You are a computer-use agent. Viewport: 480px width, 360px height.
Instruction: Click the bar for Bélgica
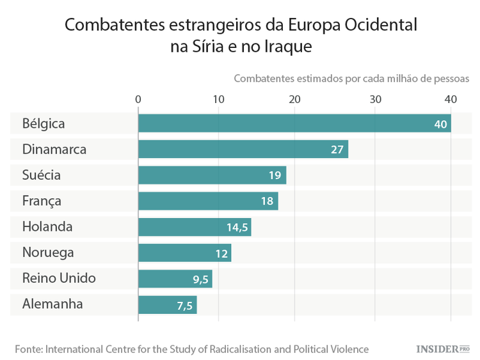click(x=294, y=123)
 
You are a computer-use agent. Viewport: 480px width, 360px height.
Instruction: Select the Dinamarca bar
click(x=243, y=150)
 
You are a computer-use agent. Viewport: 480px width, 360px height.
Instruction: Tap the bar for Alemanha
click(x=167, y=305)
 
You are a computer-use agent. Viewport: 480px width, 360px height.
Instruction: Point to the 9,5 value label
click(x=200, y=279)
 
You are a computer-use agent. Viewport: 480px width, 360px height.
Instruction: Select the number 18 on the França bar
click(x=268, y=201)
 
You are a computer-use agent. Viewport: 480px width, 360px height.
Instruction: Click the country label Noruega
click(x=48, y=253)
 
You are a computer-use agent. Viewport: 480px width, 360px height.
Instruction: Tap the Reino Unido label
click(x=59, y=278)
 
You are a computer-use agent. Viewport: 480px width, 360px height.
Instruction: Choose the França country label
click(x=42, y=201)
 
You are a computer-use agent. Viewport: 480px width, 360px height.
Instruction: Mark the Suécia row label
click(x=42, y=175)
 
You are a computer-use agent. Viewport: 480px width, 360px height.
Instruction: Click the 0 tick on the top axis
click(x=138, y=99)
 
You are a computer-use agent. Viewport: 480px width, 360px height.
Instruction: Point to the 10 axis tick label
click(x=219, y=99)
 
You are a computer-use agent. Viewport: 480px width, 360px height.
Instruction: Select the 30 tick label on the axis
click(x=376, y=99)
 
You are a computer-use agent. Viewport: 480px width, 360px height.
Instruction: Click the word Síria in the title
click(x=207, y=47)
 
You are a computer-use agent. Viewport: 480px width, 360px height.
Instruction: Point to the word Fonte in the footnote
click(x=30, y=349)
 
